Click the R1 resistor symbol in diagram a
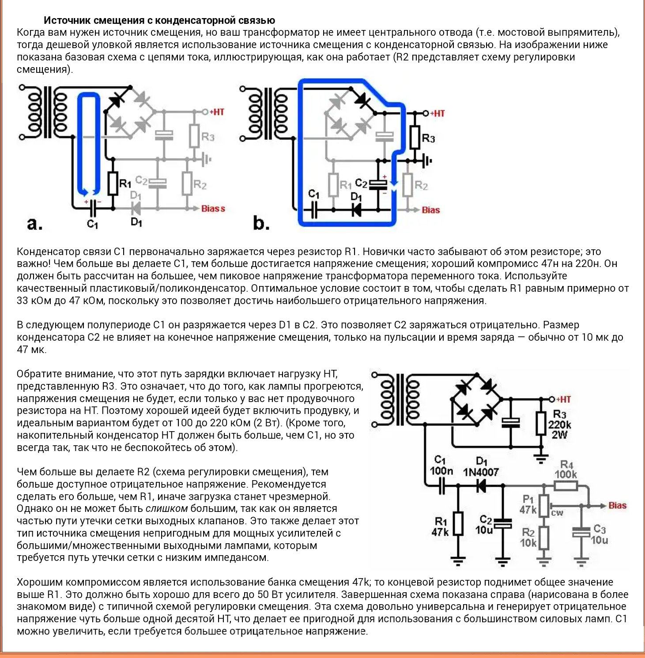point(113,183)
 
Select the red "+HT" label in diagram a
point(217,112)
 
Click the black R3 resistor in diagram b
point(414,137)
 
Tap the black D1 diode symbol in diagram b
point(356,210)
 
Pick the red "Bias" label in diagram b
point(431,210)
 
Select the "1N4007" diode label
point(481,472)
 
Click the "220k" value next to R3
point(559,425)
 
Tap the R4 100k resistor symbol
point(566,486)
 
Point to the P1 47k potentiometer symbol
point(544,506)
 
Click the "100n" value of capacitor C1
point(441,471)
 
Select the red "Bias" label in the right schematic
point(617,505)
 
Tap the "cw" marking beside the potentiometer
point(557,513)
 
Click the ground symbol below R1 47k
point(458,561)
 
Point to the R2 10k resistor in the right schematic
point(544,538)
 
